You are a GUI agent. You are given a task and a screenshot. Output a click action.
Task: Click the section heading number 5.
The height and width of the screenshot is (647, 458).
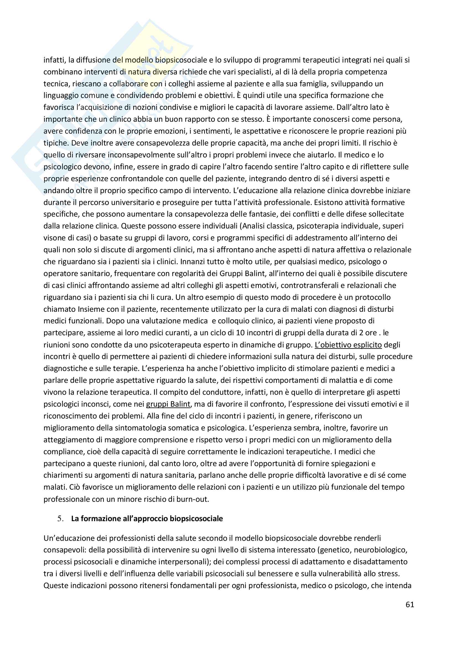click(60, 519)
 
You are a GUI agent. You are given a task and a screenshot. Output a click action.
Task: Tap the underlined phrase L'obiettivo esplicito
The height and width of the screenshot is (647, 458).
click(348, 345)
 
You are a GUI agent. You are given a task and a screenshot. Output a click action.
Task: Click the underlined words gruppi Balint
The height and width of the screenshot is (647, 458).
click(168, 404)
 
